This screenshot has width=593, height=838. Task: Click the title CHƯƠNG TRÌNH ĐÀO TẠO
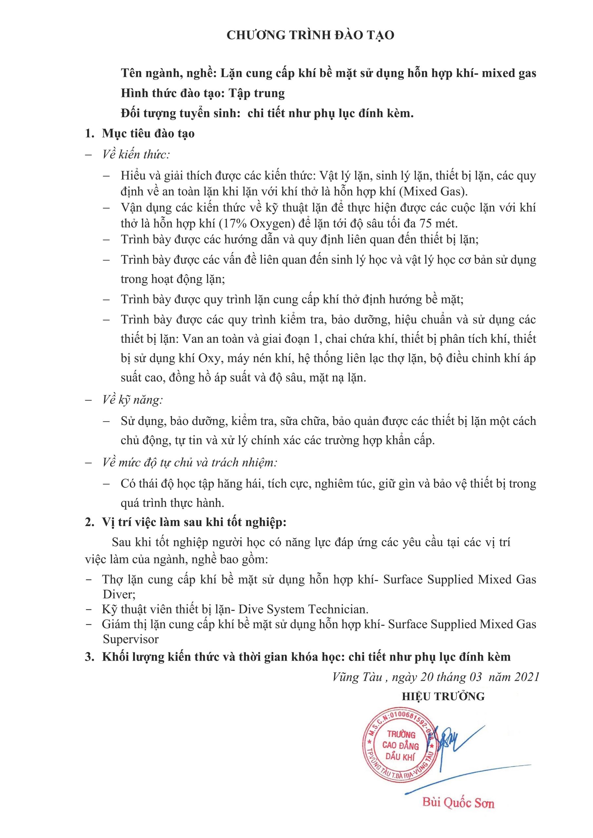point(310,35)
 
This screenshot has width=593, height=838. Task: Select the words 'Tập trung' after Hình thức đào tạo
point(257,93)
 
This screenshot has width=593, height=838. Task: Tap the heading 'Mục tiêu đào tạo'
point(148,133)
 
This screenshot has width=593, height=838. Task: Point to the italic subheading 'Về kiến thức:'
point(136,155)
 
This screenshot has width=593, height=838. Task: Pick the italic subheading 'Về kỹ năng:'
point(132,400)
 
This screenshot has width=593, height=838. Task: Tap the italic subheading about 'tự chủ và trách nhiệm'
point(190,463)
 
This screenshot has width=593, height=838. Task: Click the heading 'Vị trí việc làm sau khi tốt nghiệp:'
point(194,522)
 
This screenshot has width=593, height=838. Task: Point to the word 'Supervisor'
point(130,639)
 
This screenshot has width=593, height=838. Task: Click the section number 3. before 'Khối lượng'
point(89,657)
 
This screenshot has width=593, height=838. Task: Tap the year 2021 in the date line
point(527,677)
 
